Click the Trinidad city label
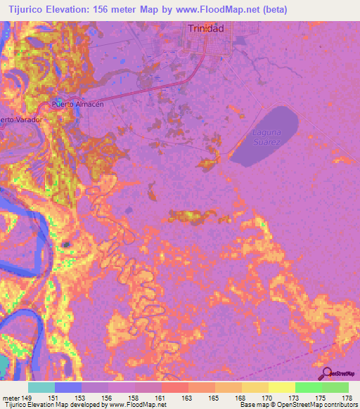pyautogui.click(x=206, y=28)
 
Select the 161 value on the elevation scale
pyautogui.click(x=160, y=397)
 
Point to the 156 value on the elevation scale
pyautogui.click(x=106, y=397)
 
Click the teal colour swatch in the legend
pyautogui.click(x=41, y=387)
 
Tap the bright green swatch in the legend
pyautogui.click(x=308, y=387)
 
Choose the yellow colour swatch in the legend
pyautogui.click(x=281, y=387)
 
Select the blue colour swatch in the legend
pyautogui.click(x=68, y=387)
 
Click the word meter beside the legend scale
pyautogui.click(x=12, y=397)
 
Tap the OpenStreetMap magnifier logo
pyautogui.click(x=326, y=373)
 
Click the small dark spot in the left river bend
pyautogui.click(x=67, y=244)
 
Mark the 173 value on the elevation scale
pyautogui.click(x=294, y=397)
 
